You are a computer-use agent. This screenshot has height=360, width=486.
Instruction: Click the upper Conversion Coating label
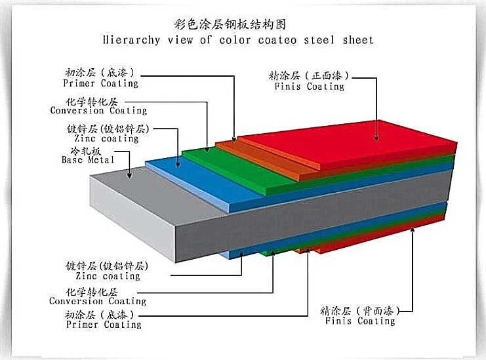(x=98, y=111)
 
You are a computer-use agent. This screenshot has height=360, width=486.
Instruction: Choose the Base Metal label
(x=88, y=159)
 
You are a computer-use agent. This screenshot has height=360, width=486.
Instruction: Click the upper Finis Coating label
(x=309, y=87)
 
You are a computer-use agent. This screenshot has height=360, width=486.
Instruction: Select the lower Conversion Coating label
(x=98, y=301)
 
